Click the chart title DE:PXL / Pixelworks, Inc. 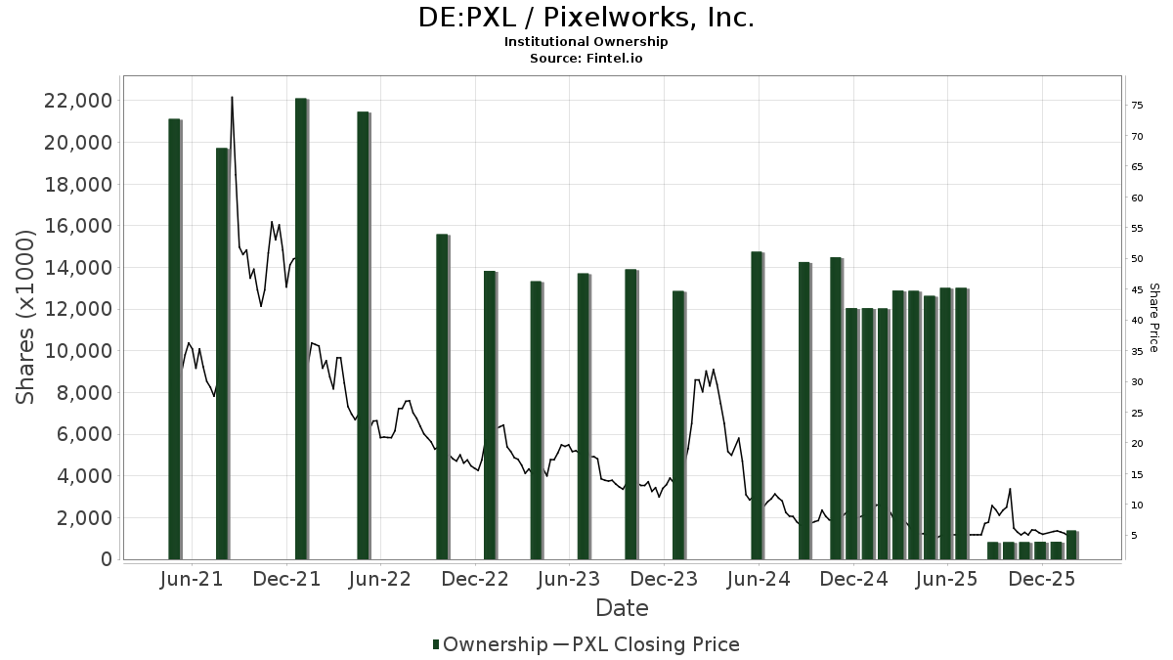pos(586,18)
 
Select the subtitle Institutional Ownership pos(586,42)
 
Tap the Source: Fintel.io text pos(586,59)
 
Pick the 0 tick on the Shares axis pos(104,559)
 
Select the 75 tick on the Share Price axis pos(1137,106)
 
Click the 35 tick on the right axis pos(1137,351)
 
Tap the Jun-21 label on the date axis pos(191,579)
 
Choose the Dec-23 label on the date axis pos(664,579)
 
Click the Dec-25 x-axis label pos(1042,579)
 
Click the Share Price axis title pos(1153,318)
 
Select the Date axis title pos(622,608)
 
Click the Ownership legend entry pos(491,644)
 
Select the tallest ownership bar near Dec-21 pos(301,329)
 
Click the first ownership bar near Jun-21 pos(174,338)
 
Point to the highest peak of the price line pos(232,97)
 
